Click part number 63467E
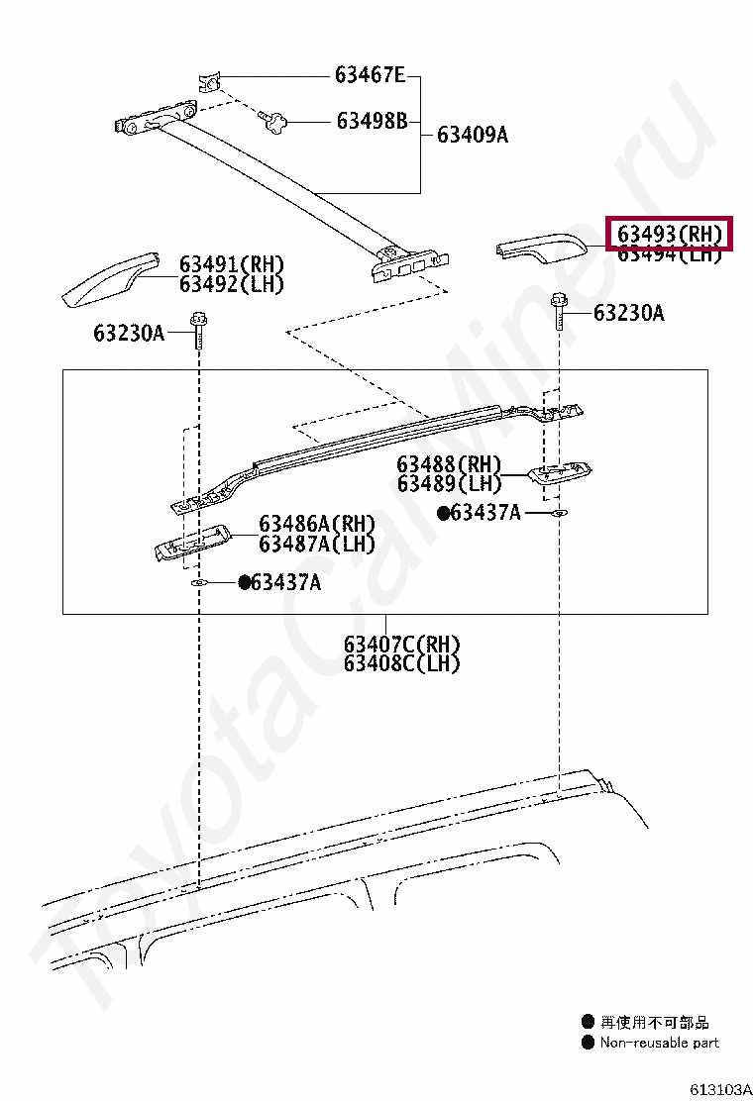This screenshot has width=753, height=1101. [370, 75]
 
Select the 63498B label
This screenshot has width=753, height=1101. [372, 122]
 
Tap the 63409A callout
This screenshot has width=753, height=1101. [472, 135]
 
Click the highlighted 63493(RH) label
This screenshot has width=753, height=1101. [669, 235]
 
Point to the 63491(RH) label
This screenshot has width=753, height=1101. [231, 264]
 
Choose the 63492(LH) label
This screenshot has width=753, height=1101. [231, 284]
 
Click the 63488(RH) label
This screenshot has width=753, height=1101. [449, 464]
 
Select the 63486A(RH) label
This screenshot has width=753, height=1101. [317, 524]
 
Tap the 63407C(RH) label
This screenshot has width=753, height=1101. [402, 645]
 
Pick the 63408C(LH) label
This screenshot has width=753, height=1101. [402, 664]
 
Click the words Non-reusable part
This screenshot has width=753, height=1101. [659, 1043]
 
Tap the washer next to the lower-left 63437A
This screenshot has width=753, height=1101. [197, 584]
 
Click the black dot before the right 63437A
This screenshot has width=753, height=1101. [442, 513]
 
